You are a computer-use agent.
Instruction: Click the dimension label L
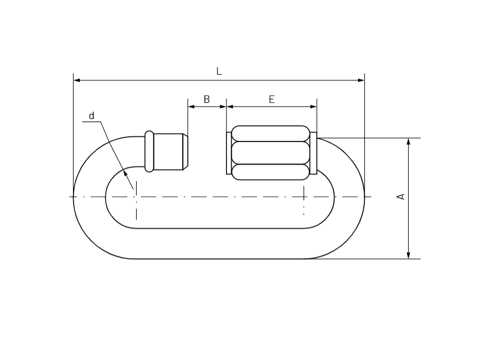coord(219,71)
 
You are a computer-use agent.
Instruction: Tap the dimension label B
coord(207,99)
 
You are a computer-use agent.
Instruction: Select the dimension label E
coord(271,99)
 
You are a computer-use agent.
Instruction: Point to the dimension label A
coord(401,197)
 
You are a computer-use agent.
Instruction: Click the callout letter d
coord(92,116)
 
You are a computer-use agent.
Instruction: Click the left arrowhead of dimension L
coord(77,80)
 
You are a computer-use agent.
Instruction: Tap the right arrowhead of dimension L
coord(361,80)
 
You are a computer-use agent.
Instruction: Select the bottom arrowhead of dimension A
coord(409,255)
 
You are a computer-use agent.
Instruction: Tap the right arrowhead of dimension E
coord(314,106)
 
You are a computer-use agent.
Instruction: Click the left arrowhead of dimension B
coord(191,106)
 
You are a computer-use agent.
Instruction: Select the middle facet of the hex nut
coord(270,153)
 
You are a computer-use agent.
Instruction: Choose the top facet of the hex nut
coord(270,134)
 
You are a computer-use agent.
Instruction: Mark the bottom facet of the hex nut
coord(270,172)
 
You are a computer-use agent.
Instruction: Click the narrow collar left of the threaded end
coord(149,151)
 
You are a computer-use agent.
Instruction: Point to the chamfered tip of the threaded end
coord(185,152)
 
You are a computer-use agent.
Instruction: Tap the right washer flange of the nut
coord(313,153)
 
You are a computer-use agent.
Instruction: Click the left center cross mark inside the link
coord(136,197)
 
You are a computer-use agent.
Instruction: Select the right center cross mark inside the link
coord(304,197)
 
